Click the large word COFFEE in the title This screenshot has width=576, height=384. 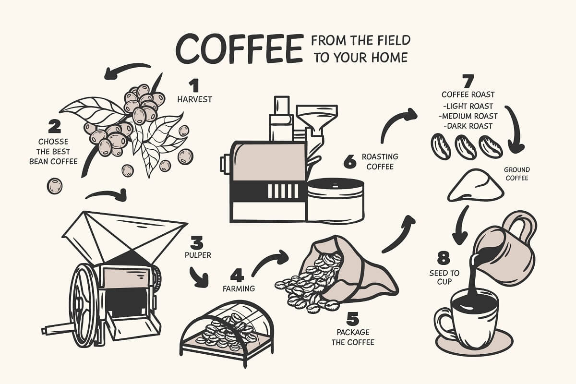tap(239, 49)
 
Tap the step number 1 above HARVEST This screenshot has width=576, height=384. tap(194, 85)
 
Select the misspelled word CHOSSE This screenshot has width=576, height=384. tap(53, 142)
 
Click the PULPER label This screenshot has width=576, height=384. tap(198, 255)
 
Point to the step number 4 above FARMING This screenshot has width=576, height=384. tap(237, 276)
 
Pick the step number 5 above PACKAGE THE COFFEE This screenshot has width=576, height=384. tap(352, 318)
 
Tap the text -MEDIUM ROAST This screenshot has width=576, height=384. tap(468, 116)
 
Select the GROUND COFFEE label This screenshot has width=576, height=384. tap(517, 174)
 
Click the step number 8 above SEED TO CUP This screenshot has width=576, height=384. tap(444, 258)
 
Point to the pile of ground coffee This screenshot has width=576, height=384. tap(476, 186)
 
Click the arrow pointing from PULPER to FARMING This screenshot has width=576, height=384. tap(199, 277)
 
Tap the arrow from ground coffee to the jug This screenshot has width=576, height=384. tap(461, 227)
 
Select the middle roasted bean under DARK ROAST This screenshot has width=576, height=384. tap(466, 147)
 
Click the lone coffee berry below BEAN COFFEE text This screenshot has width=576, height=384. tap(55, 186)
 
